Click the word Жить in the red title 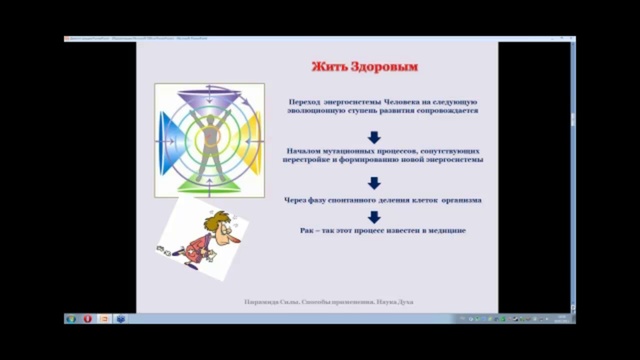330,67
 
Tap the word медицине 445,231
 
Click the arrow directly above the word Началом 374,136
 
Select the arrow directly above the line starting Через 374,183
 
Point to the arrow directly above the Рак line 374,216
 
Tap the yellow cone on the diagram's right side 250,140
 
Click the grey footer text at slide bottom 328,301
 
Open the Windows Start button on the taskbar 71,319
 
